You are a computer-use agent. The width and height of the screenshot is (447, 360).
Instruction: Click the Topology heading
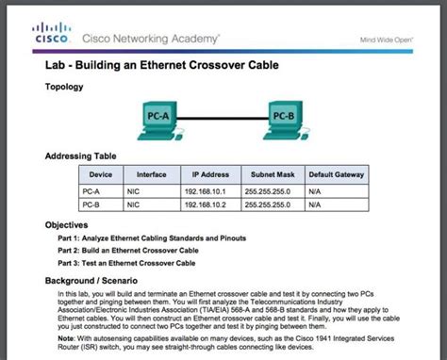(65, 87)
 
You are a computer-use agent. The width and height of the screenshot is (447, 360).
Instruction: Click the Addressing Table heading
(80, 156)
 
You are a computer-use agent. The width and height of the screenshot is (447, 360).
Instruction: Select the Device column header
(101, 175)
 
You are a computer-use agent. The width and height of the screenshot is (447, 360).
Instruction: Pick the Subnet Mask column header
(272, 175)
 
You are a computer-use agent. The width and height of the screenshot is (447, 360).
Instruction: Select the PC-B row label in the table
(91, 204)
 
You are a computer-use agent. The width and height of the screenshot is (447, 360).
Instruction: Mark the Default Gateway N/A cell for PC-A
(315, 190)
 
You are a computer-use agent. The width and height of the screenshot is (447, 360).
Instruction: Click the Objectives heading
(67, 226)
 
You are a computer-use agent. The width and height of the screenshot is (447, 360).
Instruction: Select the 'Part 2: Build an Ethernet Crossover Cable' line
(128, 251)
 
